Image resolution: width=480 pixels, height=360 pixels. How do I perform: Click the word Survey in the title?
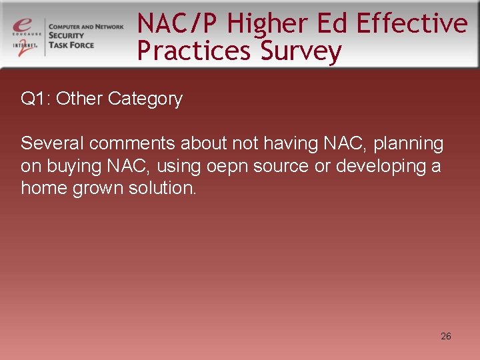(301, 51)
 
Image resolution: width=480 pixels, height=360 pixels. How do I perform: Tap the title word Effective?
(412, 23)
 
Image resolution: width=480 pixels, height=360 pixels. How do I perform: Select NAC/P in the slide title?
(178, 23)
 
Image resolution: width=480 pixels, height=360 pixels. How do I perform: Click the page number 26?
(446, 336)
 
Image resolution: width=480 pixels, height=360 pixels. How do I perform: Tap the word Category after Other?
(145, 99)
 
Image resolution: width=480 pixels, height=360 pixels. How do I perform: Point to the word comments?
(130, 143)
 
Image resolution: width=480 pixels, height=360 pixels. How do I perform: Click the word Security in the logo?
(67, 36)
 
